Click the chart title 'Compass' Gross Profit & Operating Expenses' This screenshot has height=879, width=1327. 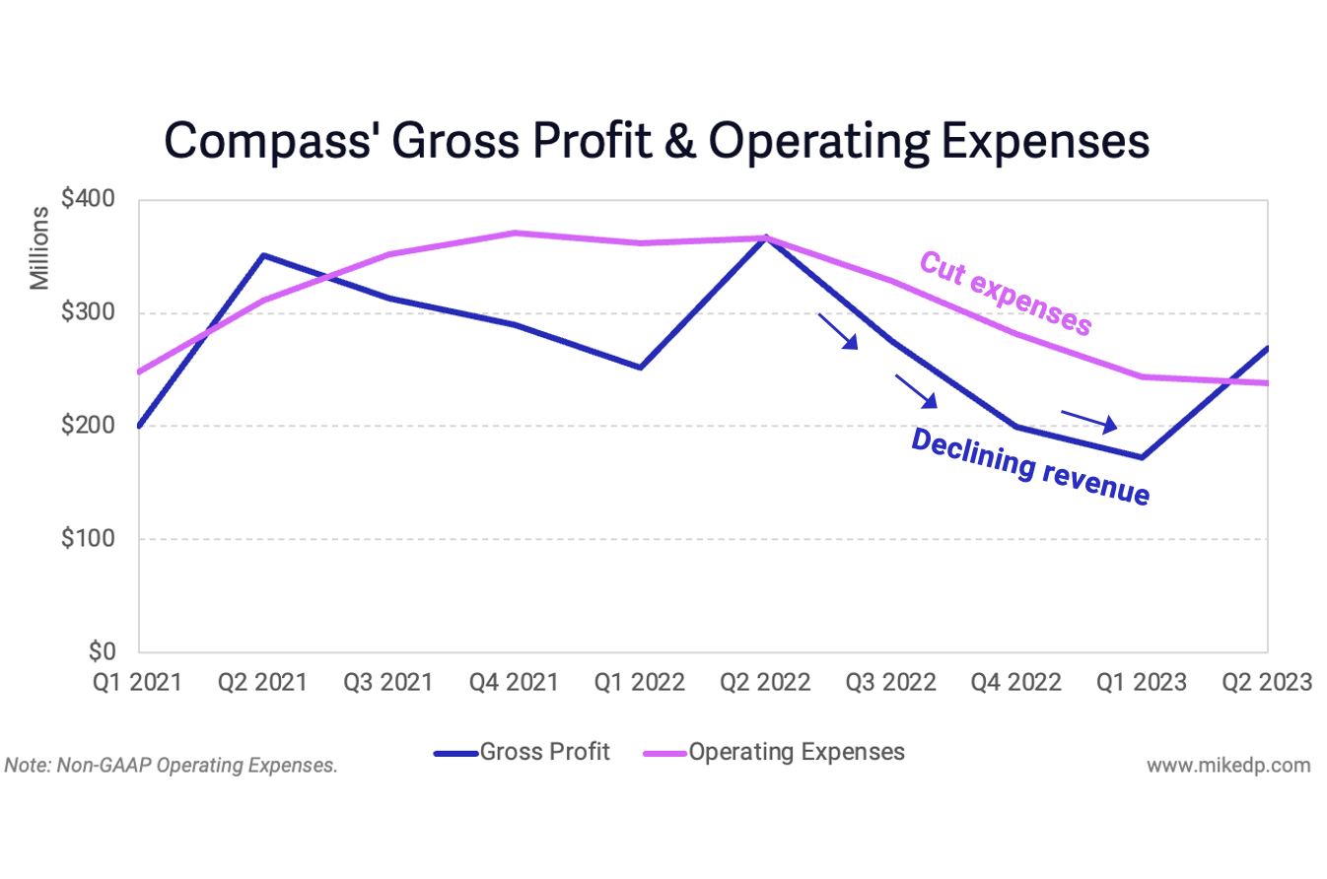click(657, 141)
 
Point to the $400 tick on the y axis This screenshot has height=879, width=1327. click(88, 200)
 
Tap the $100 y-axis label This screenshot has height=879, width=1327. click(90, 539)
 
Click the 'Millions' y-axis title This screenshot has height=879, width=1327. click(39, 248)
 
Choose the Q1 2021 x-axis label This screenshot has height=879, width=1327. click(139, 683)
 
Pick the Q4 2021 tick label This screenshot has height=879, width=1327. click(515, 683)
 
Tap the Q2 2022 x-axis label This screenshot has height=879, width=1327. click(766, 683)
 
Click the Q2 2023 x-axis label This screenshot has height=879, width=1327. click(1267, 683)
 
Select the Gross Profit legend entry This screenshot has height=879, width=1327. click(523, 753)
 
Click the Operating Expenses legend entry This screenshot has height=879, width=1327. click(773, 753)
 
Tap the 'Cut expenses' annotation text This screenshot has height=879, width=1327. click(1005, 294)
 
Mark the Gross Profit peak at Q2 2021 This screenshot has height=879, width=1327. click(263, 255)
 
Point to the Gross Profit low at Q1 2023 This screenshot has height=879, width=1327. click(1142, 457)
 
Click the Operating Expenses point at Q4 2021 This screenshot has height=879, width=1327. click(515, 234)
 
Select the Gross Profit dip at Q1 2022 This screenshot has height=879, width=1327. click(640, 368)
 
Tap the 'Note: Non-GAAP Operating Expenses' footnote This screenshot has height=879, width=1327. click(172, 765)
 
